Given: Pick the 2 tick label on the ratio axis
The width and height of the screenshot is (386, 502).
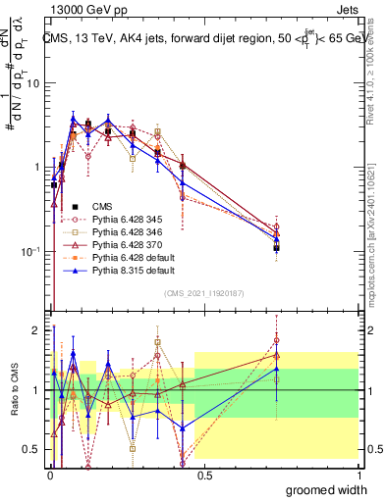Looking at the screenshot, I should click(36, 330).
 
